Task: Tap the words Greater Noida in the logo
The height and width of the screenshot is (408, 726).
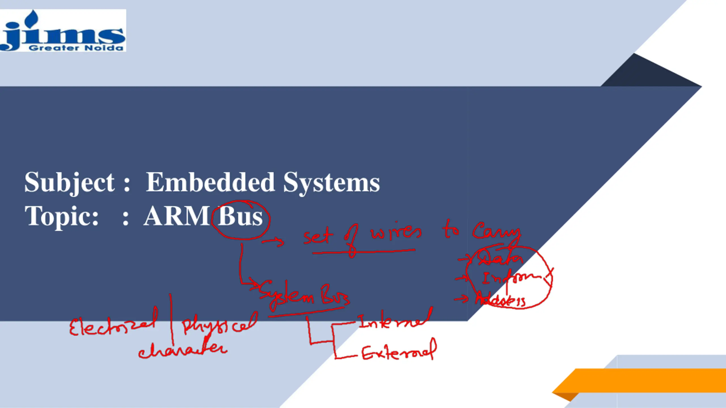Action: (76, 48)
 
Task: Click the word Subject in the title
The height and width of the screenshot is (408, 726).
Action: (69, 182)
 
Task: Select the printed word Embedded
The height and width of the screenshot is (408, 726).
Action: (210, 182)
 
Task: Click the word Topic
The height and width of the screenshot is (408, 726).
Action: (62, 216)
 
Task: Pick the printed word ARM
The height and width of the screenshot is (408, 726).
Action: (177, 216)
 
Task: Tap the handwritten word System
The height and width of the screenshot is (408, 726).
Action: (286, 295)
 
